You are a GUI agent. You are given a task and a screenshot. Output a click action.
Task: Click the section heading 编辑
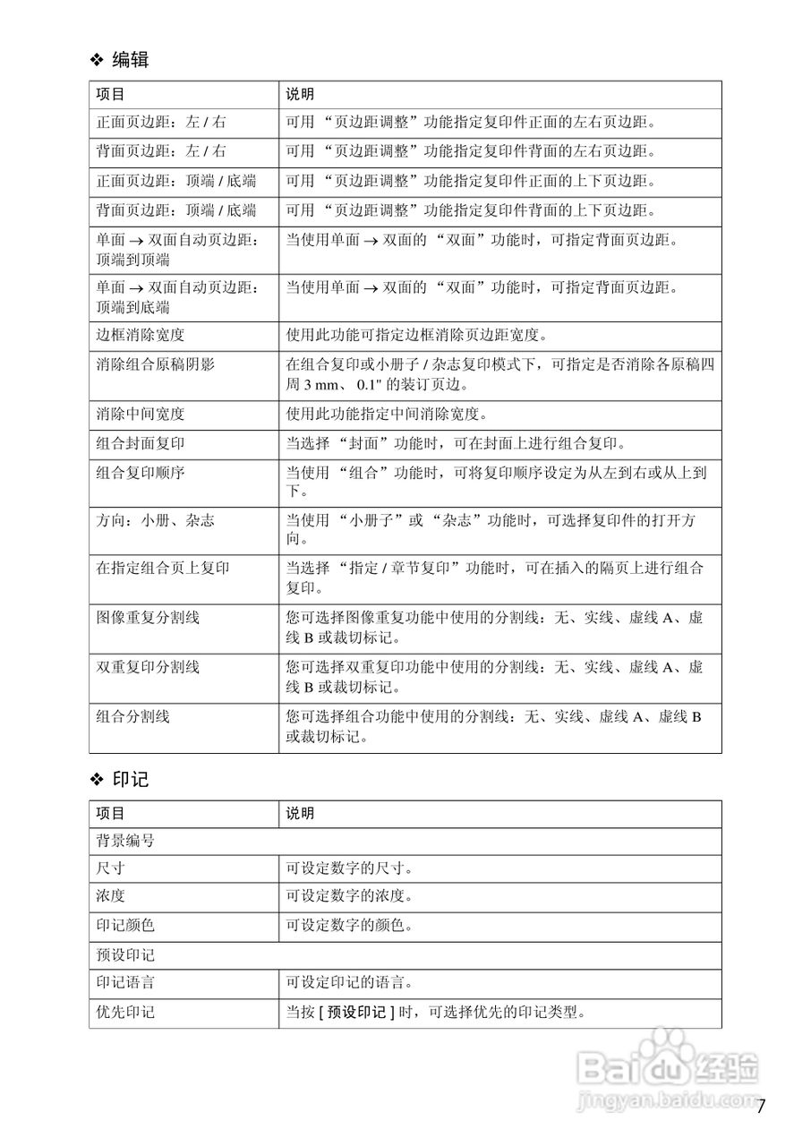click(130, 61)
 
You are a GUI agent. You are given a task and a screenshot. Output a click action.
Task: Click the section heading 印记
click(130, 780)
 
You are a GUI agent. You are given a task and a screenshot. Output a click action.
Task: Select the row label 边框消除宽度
click(141, 336)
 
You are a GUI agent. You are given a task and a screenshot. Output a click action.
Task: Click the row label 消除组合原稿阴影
click(155, 365)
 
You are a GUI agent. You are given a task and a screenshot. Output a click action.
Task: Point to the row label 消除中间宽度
click(141, 415)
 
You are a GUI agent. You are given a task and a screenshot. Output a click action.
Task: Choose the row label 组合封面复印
click(141, 444)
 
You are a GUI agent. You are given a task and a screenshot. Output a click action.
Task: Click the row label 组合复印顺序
click(141, 473)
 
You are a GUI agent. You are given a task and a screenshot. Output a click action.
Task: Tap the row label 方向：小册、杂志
click(155, 521)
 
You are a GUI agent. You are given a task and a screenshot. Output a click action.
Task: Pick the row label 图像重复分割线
click(148, 619)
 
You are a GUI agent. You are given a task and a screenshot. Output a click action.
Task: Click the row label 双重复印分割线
click(148, 668)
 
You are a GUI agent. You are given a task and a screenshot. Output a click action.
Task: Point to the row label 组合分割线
click(133, 717)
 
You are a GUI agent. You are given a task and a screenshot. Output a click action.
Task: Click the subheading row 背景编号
click(125, 842)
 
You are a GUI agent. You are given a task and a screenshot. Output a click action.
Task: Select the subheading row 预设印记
click(125, 956)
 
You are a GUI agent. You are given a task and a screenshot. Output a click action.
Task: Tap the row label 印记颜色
click(125, 926)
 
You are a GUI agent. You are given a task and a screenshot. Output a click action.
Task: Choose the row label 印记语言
click(125, 984)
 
